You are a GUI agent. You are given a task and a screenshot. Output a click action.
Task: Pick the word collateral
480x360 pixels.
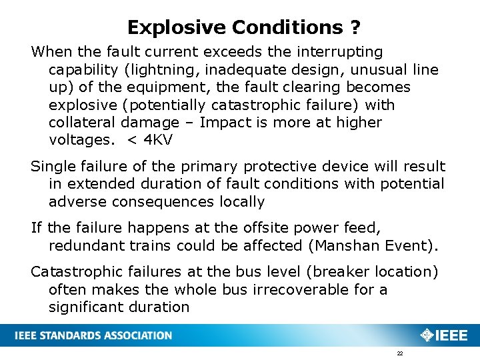(x=83, y=123)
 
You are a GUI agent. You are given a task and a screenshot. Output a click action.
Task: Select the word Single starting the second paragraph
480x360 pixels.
(x=51, y=167)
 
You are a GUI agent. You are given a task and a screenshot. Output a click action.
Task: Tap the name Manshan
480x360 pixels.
(x=347, y=245)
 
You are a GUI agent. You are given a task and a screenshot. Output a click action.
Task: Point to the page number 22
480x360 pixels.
(x=399, y=353)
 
